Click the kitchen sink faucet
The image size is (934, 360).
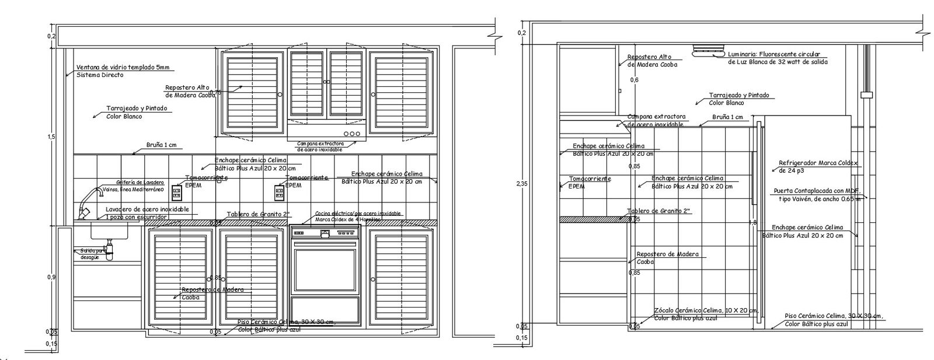pyautogui.click(x=88, y=199)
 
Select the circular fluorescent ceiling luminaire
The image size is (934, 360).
pyautogui.click(x=707, y=50)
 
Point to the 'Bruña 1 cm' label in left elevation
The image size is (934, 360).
pyautogui.click(x=161, y=145)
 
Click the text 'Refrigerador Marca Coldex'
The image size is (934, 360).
pyautogui.click(x=818, y=163)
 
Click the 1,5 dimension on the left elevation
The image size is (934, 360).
pyautogui.click(x=52, y=137)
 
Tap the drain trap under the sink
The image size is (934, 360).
pyautogui.click(x=109, y=251)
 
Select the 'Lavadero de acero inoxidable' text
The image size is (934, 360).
pyautogui.click(x=147, y=209)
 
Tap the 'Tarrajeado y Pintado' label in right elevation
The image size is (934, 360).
pyautogui.click(x=738, y=95)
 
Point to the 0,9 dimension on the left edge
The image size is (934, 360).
pyautogui.click(x=51, y=277)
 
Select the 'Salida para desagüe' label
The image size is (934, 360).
pyautogui.click(x=93, y=253)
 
